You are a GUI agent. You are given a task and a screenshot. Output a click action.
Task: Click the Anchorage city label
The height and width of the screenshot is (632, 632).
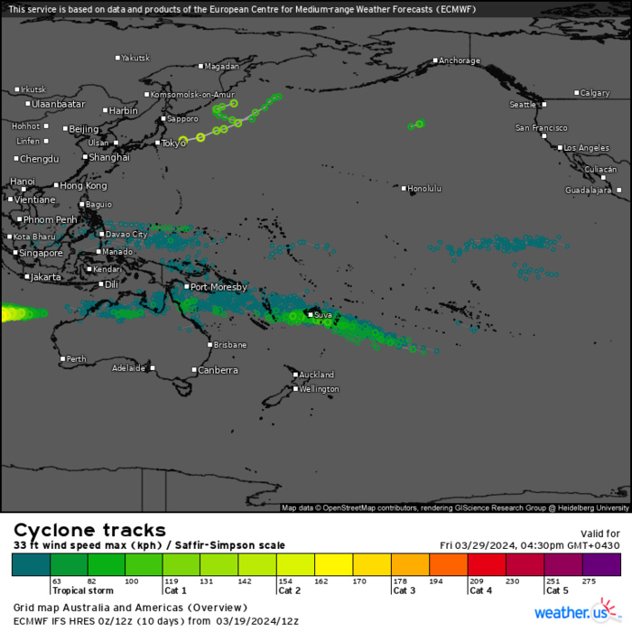[x=460, y=61]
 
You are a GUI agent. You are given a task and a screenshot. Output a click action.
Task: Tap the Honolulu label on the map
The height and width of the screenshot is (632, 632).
[x=424, y=188]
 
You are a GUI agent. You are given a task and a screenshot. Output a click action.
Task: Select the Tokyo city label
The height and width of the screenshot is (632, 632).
[x=173, y=143]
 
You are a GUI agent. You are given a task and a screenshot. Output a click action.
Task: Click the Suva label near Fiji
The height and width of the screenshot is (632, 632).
[x=323, y=314]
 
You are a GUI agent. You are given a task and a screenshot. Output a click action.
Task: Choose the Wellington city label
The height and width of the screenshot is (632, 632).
[x=320, y=389]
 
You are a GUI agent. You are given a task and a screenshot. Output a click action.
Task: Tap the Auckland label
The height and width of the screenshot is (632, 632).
[x=317, y=375]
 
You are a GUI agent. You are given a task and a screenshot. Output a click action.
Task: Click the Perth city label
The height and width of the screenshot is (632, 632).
[x=77, y=359]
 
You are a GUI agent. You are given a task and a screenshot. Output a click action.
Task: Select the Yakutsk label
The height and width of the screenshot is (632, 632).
[x=135, y=58]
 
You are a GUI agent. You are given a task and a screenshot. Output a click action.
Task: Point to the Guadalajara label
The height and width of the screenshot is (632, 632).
[x=589, y=191]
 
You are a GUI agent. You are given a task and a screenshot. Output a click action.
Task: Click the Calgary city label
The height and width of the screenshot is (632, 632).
[x=595, y=93]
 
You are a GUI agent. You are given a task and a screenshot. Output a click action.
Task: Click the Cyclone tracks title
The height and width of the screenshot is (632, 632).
[x=88, y=530]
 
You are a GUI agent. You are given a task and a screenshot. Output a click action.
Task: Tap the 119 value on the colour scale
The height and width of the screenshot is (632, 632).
[x=172, y=582]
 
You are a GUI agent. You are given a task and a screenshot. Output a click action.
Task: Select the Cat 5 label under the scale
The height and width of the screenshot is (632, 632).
[x=557, y=590]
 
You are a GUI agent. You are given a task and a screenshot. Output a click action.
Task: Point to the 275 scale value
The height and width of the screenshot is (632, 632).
[x=590, y=582]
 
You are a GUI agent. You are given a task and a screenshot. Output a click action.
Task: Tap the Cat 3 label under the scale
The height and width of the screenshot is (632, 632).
[x=404, y=590]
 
